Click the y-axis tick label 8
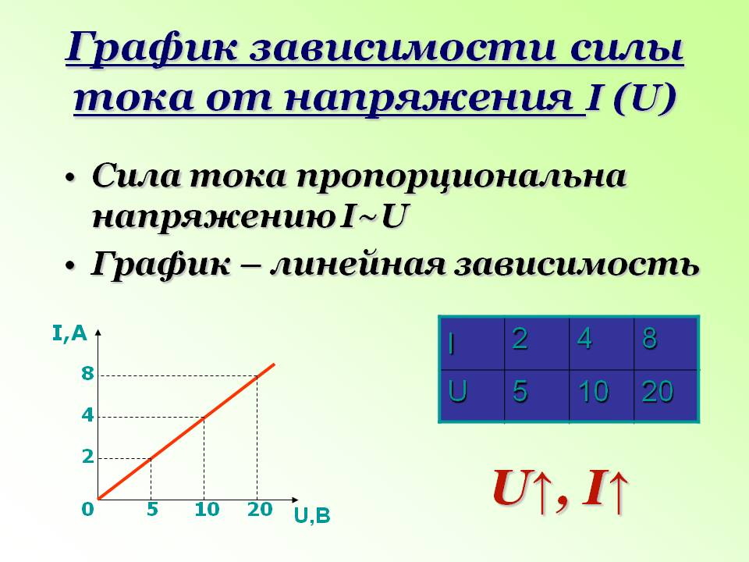click(x=87, y=373)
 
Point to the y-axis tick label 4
click(x=87, y=414)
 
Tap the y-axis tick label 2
click(x=88, y=457)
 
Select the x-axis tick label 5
click(x=152, y=510)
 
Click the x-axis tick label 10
click(x=207, y=510)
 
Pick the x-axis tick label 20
click(x=260, y=510)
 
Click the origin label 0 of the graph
click(x=87, y=510)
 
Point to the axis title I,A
click(x=69, y=333)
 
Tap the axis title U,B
click(x=312, y=516)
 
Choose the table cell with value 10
click(x=602, y=395)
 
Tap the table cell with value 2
click(x=537, y=343)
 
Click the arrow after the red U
click(x=542, y=491)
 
